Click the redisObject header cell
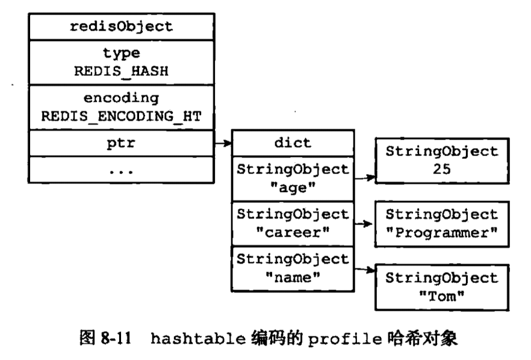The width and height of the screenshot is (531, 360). (x=120, y=26)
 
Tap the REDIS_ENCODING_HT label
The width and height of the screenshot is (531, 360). (x=120, y=115)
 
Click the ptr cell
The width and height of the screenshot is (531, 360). (x=120, y=143)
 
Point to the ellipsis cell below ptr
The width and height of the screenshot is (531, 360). (x=120, y=170)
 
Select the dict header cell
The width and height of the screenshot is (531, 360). (x=293, y=143)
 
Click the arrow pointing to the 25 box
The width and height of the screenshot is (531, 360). (x=364, y=178)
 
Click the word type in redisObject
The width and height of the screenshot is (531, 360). (x=120, y=54)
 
